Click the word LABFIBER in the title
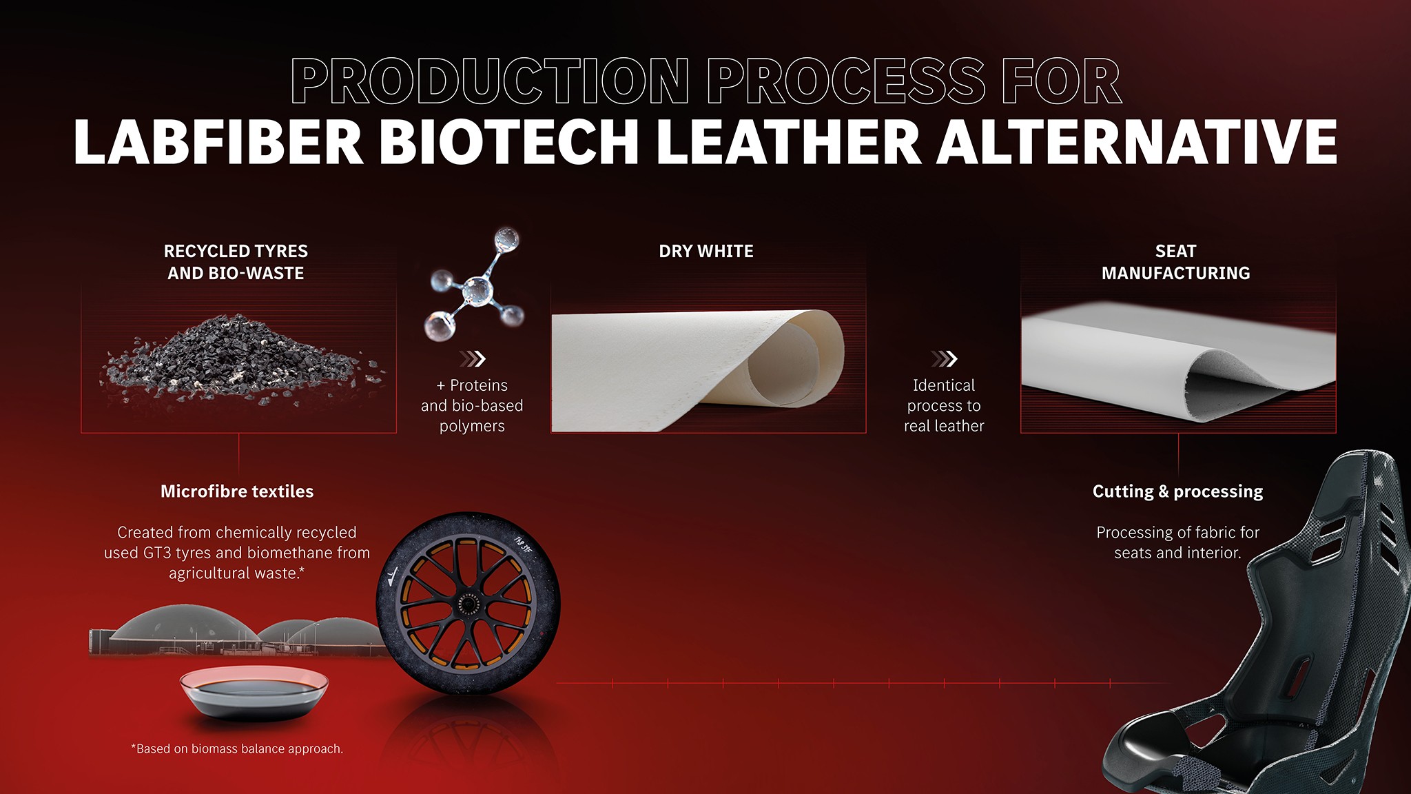[218, 142]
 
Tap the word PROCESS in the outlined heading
[846, 81]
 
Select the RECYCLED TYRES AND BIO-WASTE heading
[236, 262]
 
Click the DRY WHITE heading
[705, 252]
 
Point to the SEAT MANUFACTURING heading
[1175, 262]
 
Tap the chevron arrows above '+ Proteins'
[473, 358]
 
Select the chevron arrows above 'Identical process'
[944, 358]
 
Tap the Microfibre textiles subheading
[237, 491]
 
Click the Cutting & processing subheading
[1177, 491]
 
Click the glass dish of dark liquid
[254, 693]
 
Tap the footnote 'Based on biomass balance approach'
[237, 749]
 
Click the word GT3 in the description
[159, 553]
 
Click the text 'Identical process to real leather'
[944, 405]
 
